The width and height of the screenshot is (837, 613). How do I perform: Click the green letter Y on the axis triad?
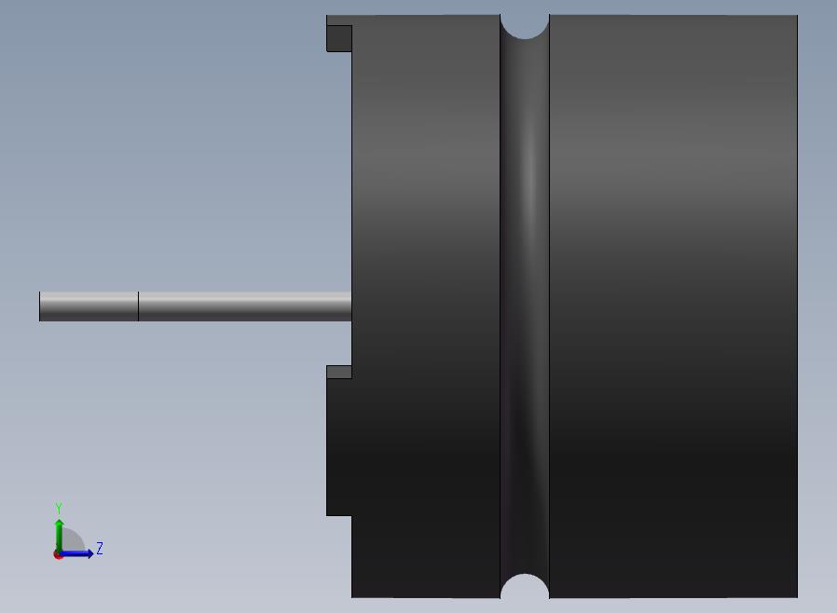(59, 508)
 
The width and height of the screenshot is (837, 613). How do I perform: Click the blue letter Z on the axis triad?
(100, 548)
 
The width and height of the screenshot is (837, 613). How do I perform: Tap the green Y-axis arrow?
(60, 536)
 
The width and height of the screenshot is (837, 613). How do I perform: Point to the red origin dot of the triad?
(58, 555)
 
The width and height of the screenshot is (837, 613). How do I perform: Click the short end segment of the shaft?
(89, 306)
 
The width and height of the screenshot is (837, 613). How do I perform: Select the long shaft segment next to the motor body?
(245, 306)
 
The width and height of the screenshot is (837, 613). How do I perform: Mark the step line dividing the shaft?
(138, 306)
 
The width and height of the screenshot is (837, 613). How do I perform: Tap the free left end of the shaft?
(39, 306)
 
